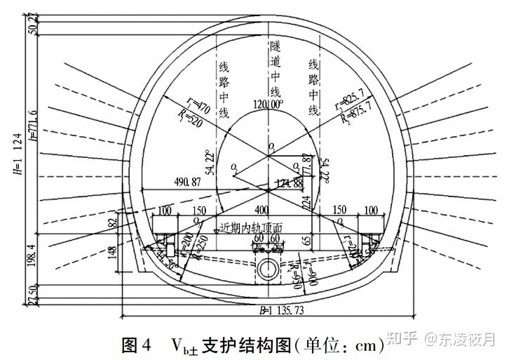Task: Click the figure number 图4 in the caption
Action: pos(136,345)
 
